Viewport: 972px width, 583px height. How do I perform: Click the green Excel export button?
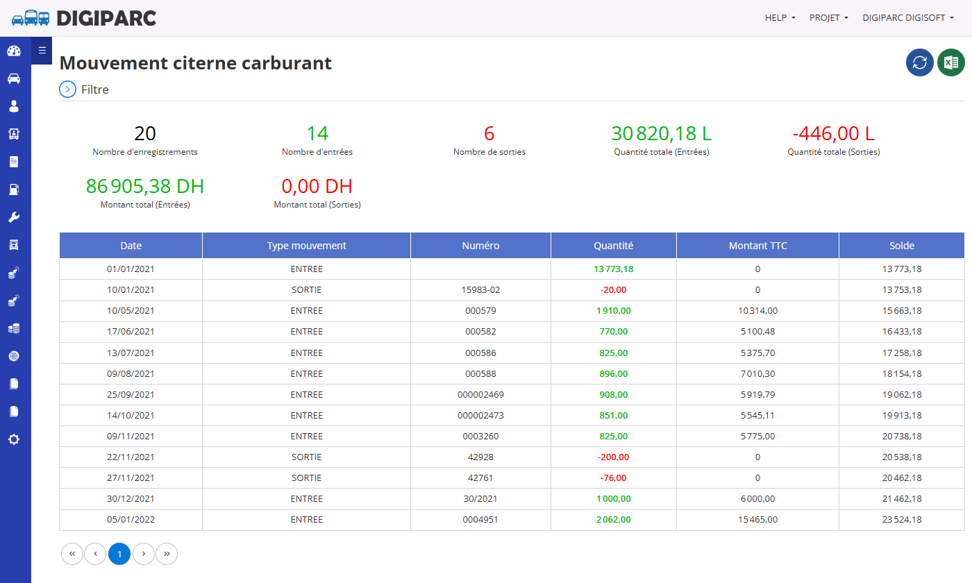[x=950, y=62]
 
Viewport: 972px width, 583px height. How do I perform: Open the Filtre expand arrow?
[x=68, y=90]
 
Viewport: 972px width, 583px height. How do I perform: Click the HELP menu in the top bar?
[x=780, y=18]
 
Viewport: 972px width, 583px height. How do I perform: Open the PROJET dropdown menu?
[x=828, y=18]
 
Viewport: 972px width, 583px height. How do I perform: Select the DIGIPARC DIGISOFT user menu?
[x=908, y=18]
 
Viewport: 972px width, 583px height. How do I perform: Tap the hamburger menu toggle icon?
[x=42, y=51]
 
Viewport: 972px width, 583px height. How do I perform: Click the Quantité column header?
[x=614, y=246]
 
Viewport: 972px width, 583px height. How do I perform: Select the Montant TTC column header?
[x=757, y=246]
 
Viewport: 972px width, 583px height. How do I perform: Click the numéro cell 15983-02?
[x=480, y=290]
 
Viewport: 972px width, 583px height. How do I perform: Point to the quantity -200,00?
[x=613, y=457]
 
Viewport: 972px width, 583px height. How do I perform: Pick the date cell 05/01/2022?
[x=131, y=519]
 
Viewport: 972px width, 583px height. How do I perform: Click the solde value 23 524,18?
[x=902, y=519]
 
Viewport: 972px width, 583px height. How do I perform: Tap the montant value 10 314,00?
[x=757, y=311]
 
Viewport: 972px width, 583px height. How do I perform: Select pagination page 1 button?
[x=119, y=554]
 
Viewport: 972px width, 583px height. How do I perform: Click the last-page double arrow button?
[x=167, y=554]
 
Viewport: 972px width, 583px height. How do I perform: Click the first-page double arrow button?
[x=72, y=554]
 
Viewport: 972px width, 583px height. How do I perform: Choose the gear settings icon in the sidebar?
[x=14, y=439]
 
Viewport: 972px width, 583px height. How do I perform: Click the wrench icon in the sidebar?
[x=14, y=217]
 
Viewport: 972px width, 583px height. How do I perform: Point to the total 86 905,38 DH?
[x=145, y=186]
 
